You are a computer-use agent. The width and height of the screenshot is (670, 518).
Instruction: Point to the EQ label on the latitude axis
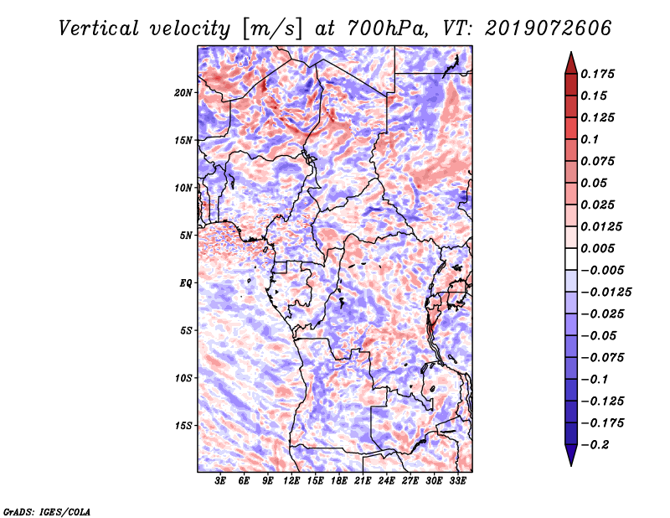click(186, 282)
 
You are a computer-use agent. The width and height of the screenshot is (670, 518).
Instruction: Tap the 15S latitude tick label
click(184, 425)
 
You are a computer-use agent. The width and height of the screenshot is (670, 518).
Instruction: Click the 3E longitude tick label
click(221, 481)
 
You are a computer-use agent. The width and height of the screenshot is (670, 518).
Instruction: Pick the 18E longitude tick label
click(339, 481)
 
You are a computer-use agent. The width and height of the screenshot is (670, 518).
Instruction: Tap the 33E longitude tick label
click(457, 481)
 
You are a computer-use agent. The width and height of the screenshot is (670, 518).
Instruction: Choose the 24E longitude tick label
click(386, 481)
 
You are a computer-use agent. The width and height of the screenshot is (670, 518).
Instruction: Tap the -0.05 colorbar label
click(600, 335)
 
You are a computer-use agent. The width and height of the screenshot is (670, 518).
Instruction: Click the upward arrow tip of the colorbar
click(570, 55)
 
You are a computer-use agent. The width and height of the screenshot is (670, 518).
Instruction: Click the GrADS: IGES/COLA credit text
click(46, 510)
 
